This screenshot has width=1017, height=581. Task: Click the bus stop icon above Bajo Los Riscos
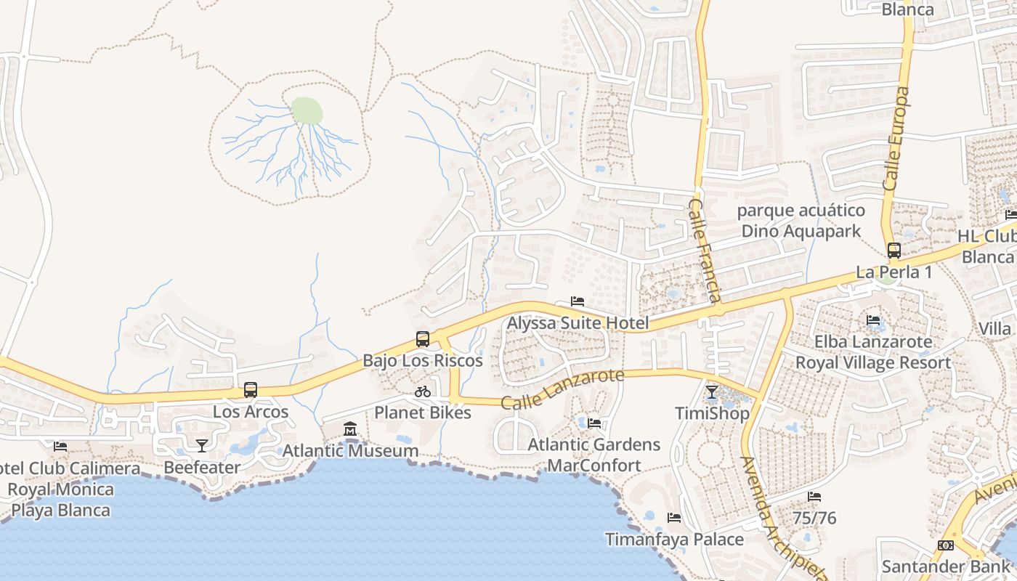coord(423,338)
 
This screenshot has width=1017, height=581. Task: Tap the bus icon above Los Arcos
coord(251,390)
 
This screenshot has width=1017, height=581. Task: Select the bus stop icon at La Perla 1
coord(894,251)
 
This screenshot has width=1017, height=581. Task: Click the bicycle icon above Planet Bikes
coord(423,391)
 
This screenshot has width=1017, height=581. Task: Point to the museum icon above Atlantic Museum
coord(350,429)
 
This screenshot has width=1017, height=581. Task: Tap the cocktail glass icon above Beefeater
coord(202,445)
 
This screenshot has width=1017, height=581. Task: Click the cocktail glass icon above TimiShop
coord(712,392)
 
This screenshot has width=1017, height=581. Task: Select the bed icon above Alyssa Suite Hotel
coord(578,301)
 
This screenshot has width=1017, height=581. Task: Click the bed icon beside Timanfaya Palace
coord(674,518)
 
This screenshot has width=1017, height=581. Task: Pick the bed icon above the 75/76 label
coord(814,497)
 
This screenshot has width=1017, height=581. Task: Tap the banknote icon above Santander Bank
coord(946,545)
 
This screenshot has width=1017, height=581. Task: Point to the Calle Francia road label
coord(704,250)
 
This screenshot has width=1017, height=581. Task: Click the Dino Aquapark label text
coord(801,231)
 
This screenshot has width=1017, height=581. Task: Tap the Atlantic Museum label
coord(350,451)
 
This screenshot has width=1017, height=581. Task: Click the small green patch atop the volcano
coord(307,111)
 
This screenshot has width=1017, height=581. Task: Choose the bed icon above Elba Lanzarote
coord(873,320)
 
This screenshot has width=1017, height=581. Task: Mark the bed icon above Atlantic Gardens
coord(594,423)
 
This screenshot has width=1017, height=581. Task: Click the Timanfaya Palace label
coord(675,540)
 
